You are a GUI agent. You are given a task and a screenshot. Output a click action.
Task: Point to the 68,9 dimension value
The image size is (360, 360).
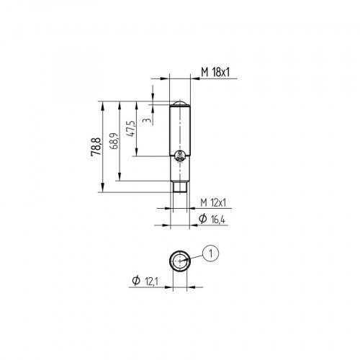pos(114,141)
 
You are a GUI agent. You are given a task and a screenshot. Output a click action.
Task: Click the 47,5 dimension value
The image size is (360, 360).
pos(130,130)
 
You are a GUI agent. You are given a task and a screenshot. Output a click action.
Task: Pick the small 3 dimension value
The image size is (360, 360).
pos(147,120)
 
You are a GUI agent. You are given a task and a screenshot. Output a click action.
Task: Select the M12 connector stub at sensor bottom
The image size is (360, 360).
pos(179,186)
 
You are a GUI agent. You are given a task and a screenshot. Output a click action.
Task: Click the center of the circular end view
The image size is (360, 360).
pos(179,261)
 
